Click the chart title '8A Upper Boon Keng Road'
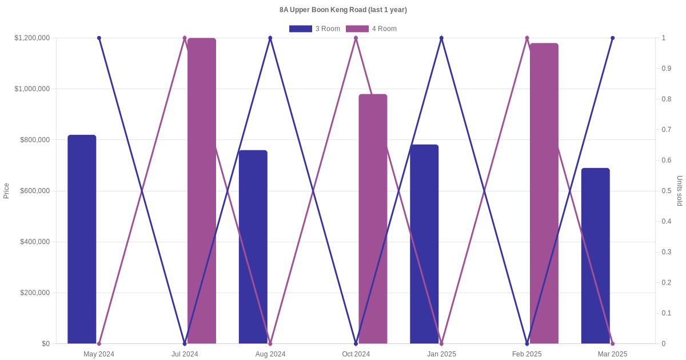(343, 10)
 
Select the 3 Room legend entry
(314, 29)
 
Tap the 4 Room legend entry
(371, 29)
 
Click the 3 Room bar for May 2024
(82, 239)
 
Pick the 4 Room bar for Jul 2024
(202, 191)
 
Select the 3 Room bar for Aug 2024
(253, 247)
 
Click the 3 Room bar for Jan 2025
(424, 244)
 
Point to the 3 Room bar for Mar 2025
(596, 256)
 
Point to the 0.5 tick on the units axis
(667, 191)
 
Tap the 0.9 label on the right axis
(667, 69)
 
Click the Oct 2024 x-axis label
(356, 354)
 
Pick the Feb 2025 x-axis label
(527, 354)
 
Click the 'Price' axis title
(6, 191)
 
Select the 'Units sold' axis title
(680, 191)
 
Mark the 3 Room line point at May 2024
(99, 38)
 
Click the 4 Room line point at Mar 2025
(612, 343)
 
